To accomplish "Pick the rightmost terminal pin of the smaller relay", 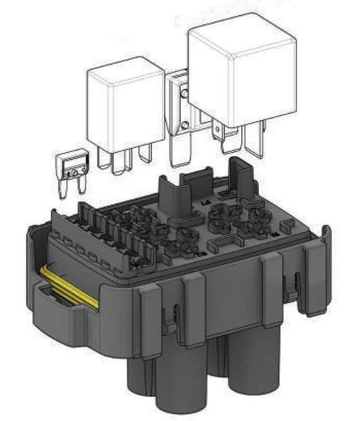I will point(146,153).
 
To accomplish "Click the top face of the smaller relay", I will point(124,70).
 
